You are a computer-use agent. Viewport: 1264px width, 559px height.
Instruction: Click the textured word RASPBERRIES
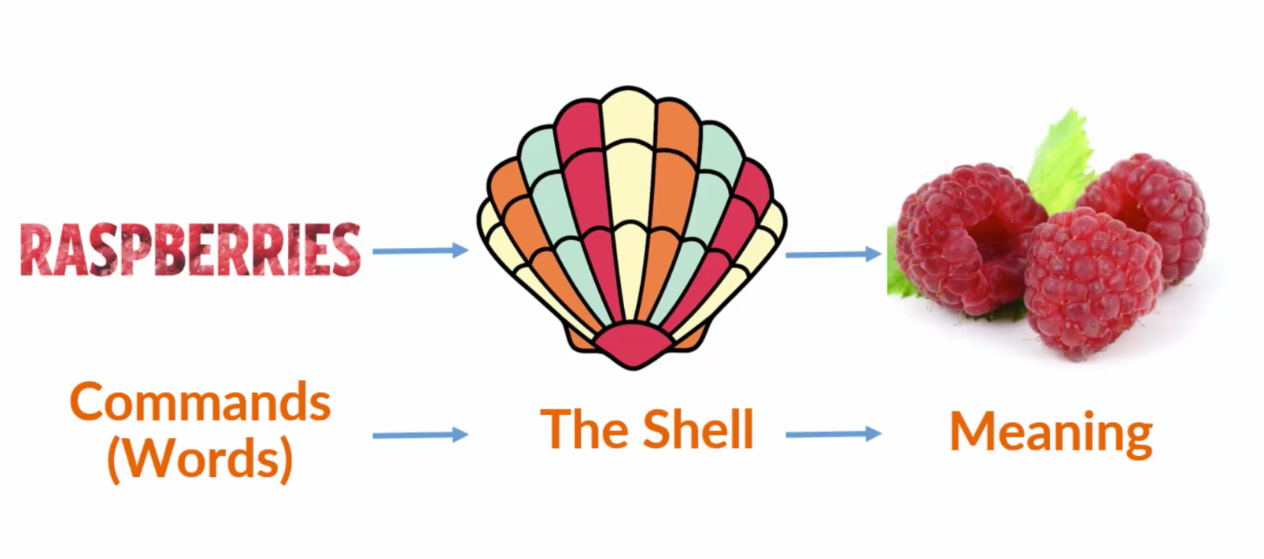coord(190,250)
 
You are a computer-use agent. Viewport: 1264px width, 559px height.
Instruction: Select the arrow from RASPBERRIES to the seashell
coord(419,251)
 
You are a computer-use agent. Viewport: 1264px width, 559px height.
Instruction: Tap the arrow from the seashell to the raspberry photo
coord(833,254)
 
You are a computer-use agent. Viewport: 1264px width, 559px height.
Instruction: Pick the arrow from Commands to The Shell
coord(419,435)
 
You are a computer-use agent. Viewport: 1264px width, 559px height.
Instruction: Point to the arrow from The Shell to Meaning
coord(833,434)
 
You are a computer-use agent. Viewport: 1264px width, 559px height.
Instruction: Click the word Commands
coord(200,402)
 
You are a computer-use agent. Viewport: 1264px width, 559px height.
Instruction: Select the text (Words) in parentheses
coord(200,457)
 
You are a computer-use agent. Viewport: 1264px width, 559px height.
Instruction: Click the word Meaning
coord(1051,432)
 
